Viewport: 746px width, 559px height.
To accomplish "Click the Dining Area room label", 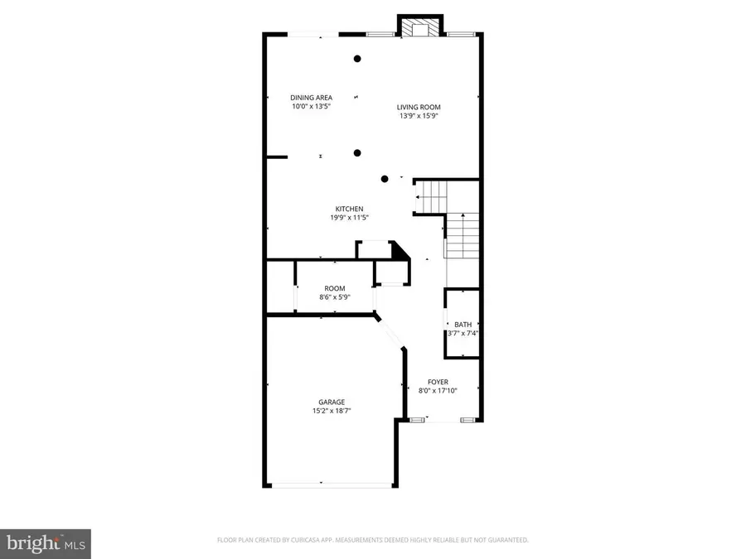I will (311, 98).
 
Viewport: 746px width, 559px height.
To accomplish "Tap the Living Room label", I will (418, 107).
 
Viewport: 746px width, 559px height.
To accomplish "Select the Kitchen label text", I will (349, 209).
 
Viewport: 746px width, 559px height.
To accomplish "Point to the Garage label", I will (332, 402).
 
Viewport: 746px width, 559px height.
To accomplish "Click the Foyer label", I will (438, 382).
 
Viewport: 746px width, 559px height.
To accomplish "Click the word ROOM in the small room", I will (334, 288).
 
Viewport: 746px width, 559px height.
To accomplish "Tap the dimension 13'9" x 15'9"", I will (418, 116).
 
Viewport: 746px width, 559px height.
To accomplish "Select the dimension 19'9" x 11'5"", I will (349, 218).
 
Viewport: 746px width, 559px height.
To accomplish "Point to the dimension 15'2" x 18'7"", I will (332, 412).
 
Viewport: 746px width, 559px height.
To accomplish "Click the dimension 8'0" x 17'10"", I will (438, 391).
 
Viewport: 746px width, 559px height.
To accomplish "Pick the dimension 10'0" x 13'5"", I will (311, 107).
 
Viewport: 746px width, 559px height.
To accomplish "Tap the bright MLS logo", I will (46, 543).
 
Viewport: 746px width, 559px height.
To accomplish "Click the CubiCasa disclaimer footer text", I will (372, 540).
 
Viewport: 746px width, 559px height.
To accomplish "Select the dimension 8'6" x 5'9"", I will (334, 297).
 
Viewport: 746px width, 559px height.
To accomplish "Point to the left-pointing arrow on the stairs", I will (420, 197).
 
